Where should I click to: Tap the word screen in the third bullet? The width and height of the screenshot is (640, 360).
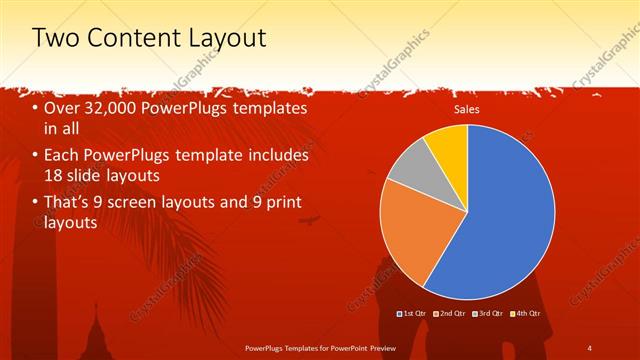click(x=157, y=203)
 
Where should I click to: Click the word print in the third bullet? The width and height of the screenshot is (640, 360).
click(x=282, y=203)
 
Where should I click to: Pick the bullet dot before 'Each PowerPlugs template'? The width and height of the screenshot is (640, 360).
click(x=36, y=156)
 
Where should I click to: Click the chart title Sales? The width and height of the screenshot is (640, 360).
click(x=467, y=110)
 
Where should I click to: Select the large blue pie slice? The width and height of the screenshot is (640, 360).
click(x=510, y=220)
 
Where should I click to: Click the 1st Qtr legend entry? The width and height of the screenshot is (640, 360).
click(x=413, y=313)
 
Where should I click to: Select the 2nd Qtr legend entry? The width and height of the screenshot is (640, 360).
click(x=449, y=313)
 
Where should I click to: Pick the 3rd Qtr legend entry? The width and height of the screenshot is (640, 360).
click(x=486, y=313)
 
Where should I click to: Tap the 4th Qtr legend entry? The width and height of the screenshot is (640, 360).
click(x=524, y=313)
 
